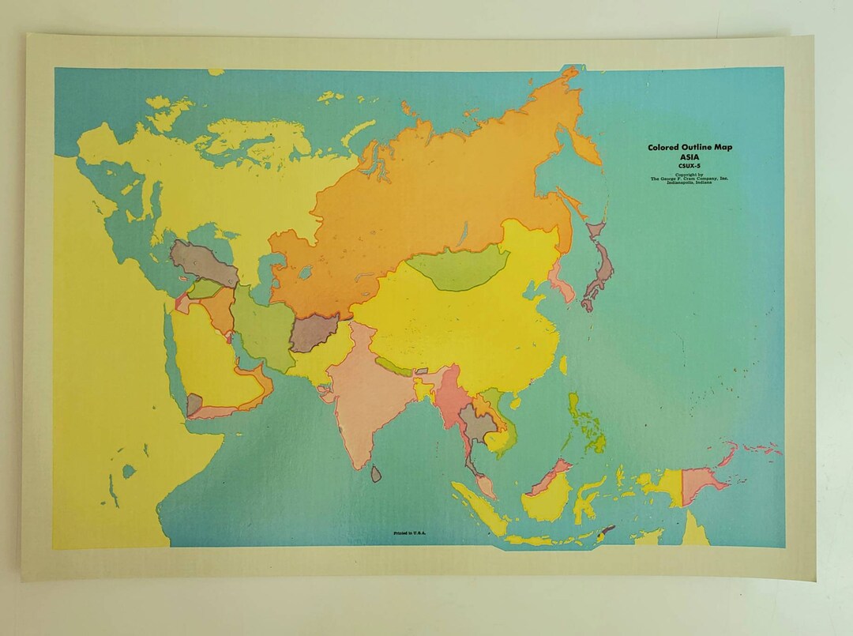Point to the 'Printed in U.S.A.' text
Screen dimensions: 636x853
411,533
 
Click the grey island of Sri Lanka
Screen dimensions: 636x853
377,473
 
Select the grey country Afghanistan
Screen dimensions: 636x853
314,333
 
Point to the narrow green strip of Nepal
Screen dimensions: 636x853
393,366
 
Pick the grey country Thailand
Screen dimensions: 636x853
474,423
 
